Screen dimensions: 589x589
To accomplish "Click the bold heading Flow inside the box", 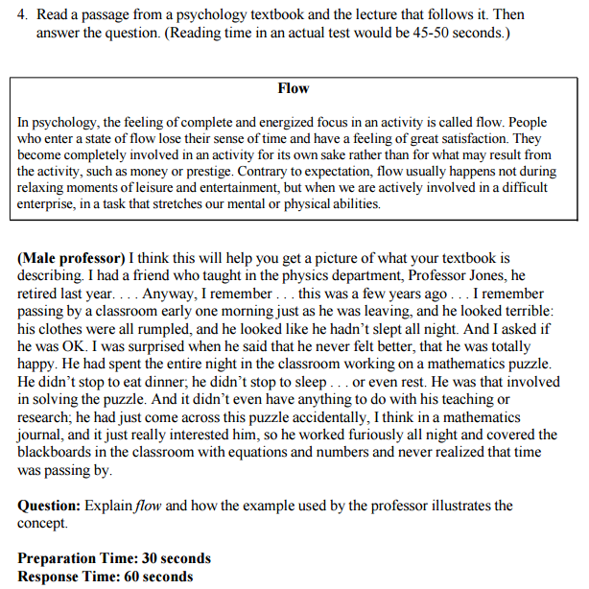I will pos(293,88).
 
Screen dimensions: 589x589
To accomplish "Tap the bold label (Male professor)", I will pos(71,259).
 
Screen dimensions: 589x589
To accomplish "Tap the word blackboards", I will pos(58,453).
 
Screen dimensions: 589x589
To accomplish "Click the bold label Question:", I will pos(49,506).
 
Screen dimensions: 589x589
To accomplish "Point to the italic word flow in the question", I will pos(150,506).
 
